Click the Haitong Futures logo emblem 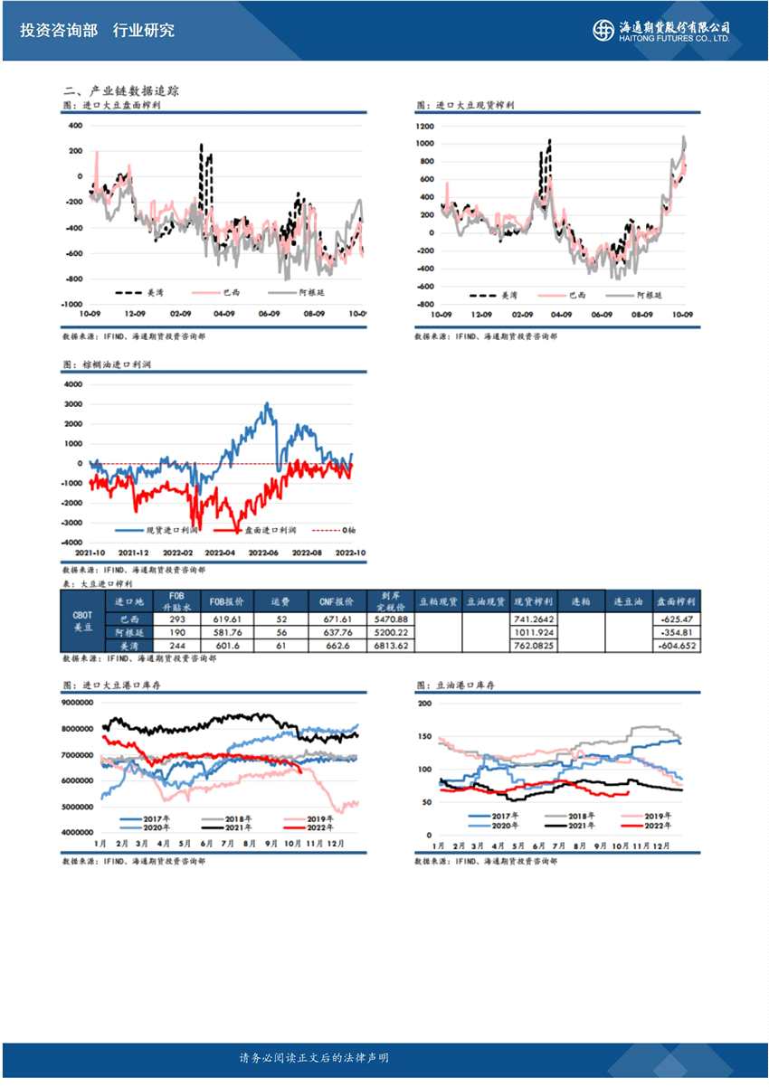[603, 30]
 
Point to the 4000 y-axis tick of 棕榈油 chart [72, 383]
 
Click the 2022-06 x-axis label [263, 552]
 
